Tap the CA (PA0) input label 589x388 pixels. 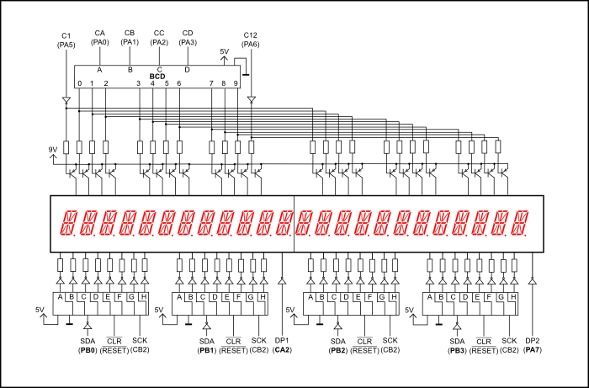[x=100, y=37]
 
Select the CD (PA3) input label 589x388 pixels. [x=188, y=37]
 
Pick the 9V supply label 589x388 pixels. [x=54, y=150]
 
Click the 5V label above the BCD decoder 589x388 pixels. [x=224, y=51]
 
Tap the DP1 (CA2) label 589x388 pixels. [x=282, y=345]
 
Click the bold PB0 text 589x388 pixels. [x=88, y=349]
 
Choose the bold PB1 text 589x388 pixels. [x=207, y=349]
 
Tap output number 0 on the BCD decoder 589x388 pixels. [x=79, y=83]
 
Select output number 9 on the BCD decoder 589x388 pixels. [x=237, y=83]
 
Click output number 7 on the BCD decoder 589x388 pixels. [x=211, y=83]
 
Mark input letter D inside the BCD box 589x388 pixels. [x=187, y=70]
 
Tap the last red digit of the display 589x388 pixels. [x=521, y=223]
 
